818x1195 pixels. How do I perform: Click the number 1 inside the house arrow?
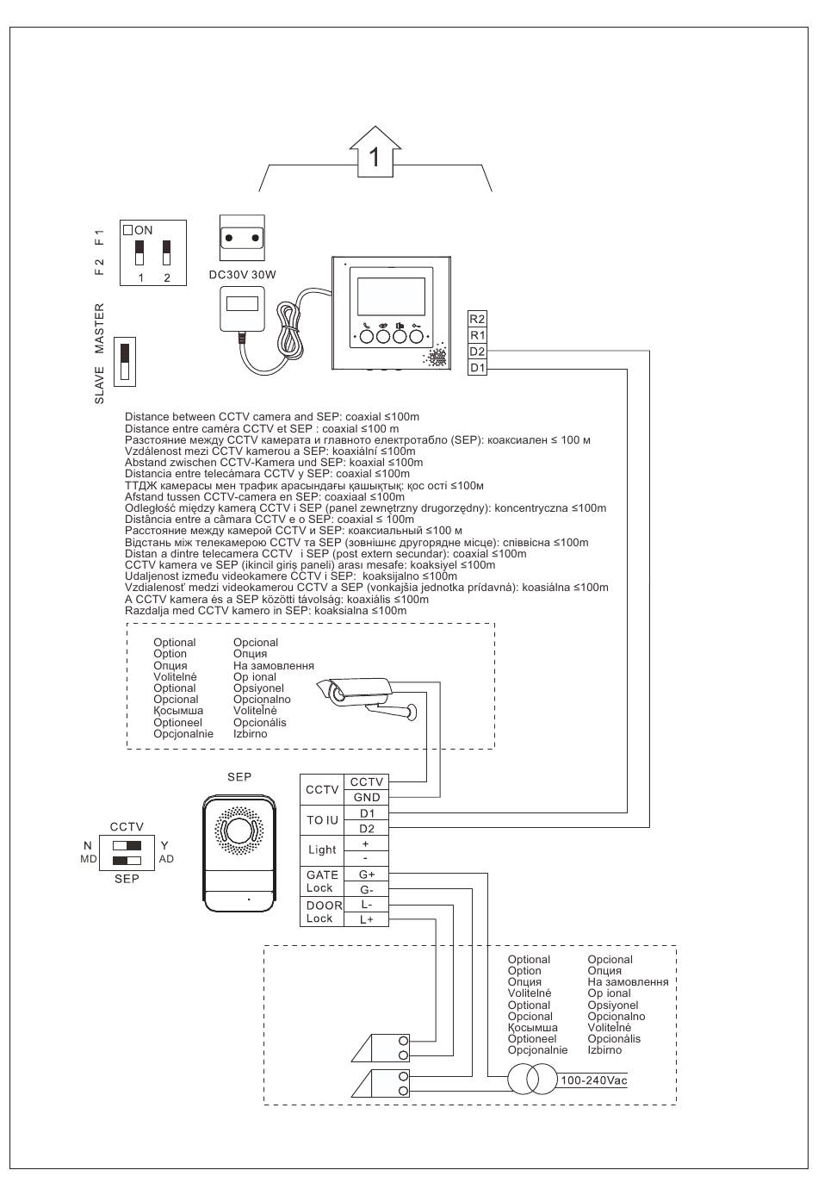coord(375,157)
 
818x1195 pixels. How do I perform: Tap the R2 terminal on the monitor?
coord(477,319)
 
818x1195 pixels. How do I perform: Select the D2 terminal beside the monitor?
coord(477,351)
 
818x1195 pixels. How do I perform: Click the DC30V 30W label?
coord(243,275)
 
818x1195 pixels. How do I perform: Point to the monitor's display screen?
coord(391,296)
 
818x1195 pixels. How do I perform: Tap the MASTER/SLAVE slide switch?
coord(125,361)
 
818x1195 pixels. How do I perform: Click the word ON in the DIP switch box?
coord(144,230)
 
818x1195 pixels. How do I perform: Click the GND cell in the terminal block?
coord(366,797)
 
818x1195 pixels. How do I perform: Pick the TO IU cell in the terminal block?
coord(322,820)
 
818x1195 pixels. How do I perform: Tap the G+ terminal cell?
coord(366,874)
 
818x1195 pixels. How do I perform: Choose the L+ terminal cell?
coord(366,919)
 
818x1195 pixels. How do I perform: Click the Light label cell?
coord(322,850)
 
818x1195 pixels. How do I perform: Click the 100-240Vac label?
coord(593,1080)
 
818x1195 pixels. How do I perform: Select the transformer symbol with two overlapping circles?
coord(531,1080)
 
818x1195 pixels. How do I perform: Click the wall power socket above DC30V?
coord(242,238)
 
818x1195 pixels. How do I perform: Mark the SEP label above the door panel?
coord(239,777)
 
